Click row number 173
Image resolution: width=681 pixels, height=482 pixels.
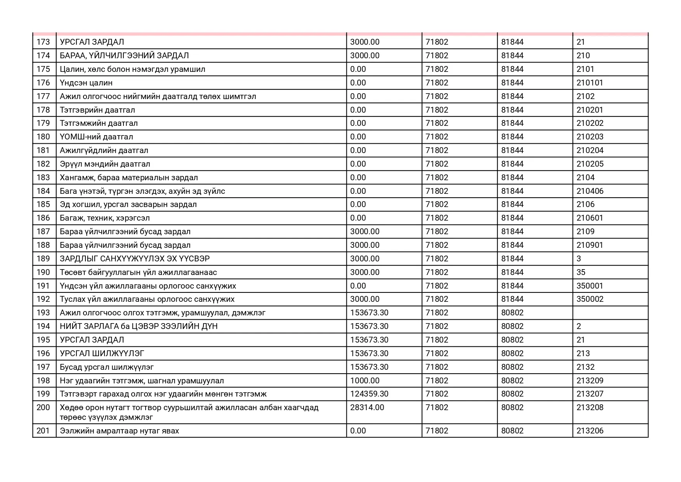point(43,42)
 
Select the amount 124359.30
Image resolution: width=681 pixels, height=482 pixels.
point(369,394)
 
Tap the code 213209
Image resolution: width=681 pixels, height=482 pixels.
point(590,381)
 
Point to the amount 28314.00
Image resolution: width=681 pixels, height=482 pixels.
point(367,407)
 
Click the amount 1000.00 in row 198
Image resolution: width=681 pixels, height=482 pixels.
point(365,381)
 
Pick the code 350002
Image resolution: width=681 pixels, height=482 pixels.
point(590,299)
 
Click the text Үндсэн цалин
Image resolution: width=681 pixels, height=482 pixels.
point(86,83)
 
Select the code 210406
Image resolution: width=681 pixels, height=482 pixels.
point(590,191)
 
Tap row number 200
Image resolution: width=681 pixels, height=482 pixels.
point(43,407)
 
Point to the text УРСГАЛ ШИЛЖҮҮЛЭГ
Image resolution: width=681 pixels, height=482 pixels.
point(102,353)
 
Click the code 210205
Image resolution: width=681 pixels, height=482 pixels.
point(590,164)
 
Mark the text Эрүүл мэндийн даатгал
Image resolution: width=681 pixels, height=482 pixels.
point(105,164)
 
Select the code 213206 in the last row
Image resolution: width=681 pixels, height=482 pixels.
point(590,431)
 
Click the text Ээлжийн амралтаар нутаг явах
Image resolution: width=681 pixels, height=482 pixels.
point(119,431)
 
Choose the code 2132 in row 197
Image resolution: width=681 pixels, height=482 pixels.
point(585,367)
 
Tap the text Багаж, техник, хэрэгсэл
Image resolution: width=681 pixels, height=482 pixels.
point(104,218)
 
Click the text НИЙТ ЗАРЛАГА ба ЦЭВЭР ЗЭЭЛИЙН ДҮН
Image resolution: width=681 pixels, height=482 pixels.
point(139,326)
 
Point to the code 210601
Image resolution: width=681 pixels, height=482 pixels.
point(589,218)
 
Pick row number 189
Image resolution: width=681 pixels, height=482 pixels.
point(43,259)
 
